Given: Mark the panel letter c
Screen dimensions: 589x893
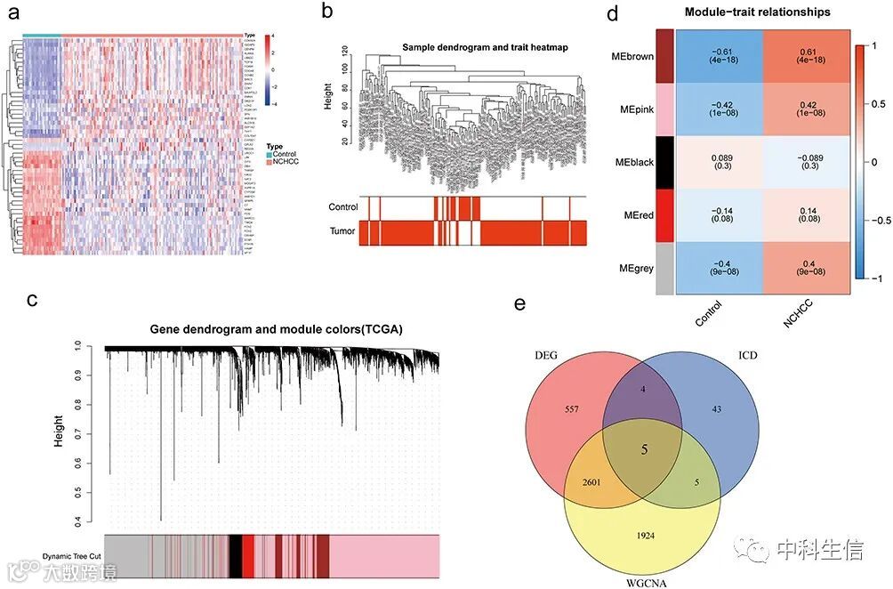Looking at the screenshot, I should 31,300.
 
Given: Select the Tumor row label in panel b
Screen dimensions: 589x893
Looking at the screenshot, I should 342,231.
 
